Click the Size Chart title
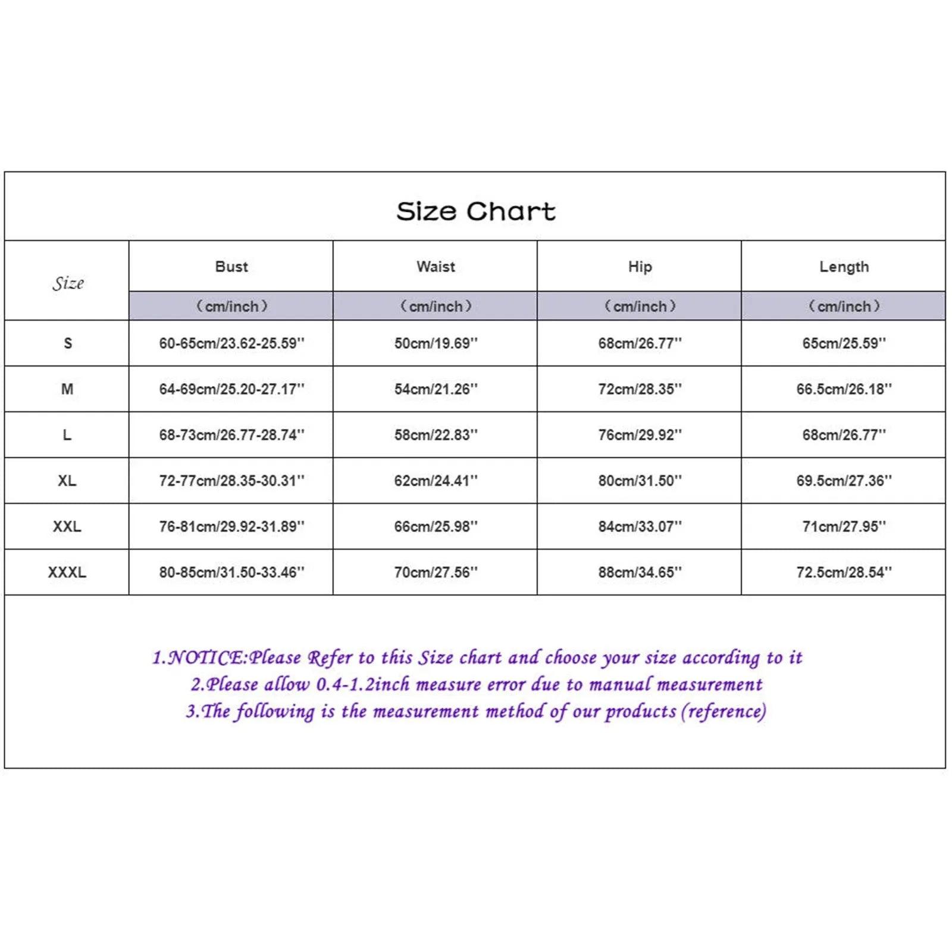(x=475, y=211)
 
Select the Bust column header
(x=231, y=267)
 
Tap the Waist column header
(x=436, y=267)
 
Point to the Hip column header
(x=640, y=267)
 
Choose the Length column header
(x=844, y=267)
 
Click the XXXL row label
(x=67, y=572)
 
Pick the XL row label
(x=67, y=481)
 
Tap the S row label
(x=67, y=343)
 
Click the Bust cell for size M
(x=231, y=389)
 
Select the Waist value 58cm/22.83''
(x=436, y=435)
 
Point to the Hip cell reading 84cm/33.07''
(x=640, y=527)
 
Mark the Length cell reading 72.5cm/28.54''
(x=844, y=572)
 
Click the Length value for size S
(x=844, y=343)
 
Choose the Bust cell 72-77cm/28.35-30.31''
(x=231, y=481)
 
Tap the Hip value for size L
(x=640, y=435)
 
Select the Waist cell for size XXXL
(x=436, y=572)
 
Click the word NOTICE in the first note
(x=205, y=657)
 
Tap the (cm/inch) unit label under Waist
(x=436, y=306)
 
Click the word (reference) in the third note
(x=724, y=712)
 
